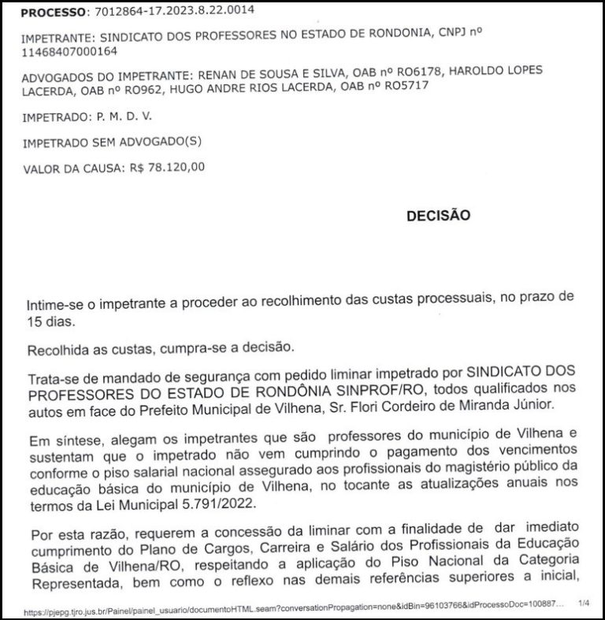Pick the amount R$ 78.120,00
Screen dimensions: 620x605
(165, 168)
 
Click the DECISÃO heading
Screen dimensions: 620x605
(437, 214)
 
